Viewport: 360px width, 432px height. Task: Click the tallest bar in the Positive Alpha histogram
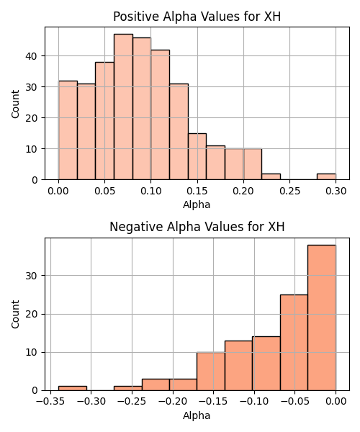123,107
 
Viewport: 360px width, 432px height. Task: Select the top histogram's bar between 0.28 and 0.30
326,176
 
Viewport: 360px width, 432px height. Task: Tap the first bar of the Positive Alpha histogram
68,130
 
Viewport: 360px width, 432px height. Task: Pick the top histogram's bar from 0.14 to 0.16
197,156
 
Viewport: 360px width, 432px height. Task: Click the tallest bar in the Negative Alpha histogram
322,318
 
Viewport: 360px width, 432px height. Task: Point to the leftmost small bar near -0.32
73,389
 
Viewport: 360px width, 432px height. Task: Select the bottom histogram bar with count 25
294,343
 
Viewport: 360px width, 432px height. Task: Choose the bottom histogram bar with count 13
238,366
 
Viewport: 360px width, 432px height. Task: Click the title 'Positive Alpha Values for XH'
197,17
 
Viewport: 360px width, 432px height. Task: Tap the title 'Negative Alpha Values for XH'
197,227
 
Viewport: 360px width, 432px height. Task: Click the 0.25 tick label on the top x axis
289,191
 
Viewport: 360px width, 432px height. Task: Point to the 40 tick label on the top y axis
31,56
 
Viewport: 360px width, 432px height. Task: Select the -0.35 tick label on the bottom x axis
50,402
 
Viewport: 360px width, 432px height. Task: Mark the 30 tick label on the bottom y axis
31,276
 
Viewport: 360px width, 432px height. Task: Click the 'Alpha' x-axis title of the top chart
197,204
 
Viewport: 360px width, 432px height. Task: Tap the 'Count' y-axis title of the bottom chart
15,315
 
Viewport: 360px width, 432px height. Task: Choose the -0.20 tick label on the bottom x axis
173,402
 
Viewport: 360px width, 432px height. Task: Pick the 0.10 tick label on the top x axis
151,191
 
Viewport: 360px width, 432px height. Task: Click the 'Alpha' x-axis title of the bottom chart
197,415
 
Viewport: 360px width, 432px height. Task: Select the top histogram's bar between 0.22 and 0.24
271,176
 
